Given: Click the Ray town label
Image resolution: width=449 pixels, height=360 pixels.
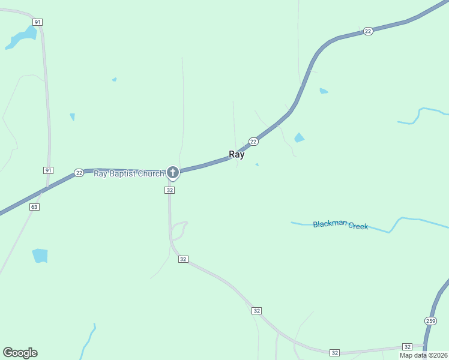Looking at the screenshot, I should click(237, 154).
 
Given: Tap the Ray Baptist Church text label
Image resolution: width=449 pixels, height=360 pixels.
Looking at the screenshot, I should click(129, 174).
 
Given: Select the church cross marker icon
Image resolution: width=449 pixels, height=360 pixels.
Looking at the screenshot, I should click(173, 173).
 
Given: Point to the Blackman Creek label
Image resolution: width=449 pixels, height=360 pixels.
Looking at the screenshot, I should click(340, 225).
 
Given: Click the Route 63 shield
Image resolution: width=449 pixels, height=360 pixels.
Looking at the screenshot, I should click(34, 207).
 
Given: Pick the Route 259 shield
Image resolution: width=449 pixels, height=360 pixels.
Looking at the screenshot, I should click(430, 320).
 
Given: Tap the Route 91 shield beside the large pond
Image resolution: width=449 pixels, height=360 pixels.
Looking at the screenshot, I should click(38, 22).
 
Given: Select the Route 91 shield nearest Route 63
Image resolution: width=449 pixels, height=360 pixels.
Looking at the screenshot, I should click(48, 170).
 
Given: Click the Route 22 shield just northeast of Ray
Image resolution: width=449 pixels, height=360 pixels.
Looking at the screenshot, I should click(253, 142).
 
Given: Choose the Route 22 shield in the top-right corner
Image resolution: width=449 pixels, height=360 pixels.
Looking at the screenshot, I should click(368, 31).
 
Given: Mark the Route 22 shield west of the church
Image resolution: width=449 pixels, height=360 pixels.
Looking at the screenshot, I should click(79, 173).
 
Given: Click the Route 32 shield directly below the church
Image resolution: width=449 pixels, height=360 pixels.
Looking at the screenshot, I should click(170, 190).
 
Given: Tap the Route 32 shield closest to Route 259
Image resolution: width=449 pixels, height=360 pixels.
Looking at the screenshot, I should click(408, 347).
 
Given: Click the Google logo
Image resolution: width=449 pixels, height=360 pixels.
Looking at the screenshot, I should click(20, 353).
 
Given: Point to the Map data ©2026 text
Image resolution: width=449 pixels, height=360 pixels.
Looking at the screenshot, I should click(423, 355).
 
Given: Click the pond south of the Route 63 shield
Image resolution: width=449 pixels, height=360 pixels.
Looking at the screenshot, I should click(40, 256).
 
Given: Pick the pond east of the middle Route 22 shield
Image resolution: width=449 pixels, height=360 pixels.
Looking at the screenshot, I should click(299, 138).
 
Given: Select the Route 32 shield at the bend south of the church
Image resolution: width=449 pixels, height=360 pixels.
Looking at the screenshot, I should click(183, 259).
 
